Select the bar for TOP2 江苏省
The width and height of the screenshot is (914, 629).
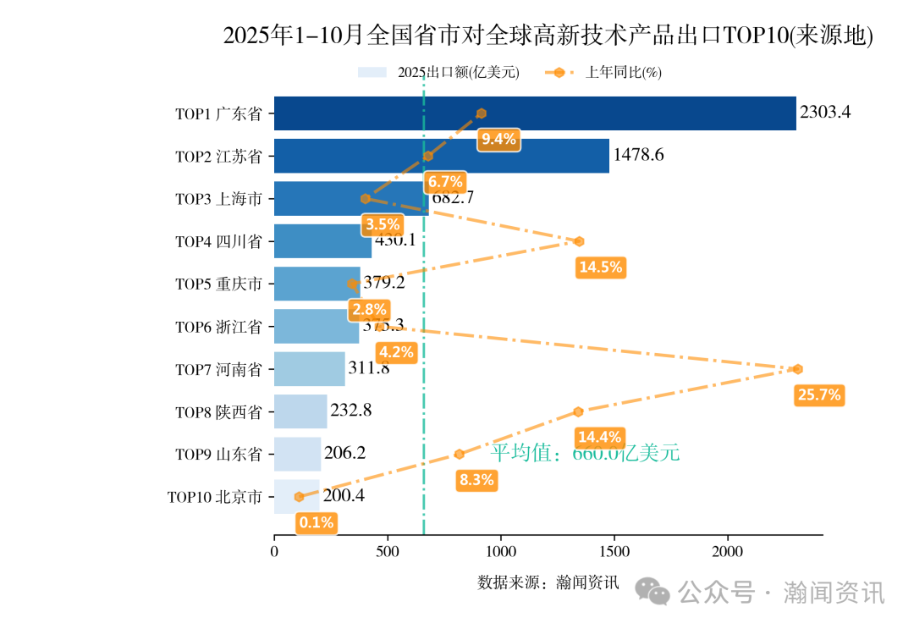[x=441, y=156]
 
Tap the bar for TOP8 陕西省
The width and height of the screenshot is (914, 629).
[x=300, y=411]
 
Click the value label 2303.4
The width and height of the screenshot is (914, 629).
[x=825, y=113]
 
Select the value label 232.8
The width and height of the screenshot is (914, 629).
[x=350, y=411]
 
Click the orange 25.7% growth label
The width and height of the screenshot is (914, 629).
[x=818, y=395]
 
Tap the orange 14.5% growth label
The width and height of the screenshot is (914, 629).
[x=600, y=268]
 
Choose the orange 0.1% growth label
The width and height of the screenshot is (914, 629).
[x=317, y=522]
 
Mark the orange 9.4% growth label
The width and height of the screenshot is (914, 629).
[x=498, y=140]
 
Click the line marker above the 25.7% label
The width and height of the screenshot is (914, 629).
[x=797, y=369]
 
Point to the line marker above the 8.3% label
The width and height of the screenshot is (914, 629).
[x=459, y=454]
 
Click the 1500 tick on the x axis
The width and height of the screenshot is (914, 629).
[x=614, y=552]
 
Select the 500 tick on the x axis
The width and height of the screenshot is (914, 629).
[x=388, y=552]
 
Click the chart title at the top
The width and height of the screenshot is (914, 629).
[x=548, y=36]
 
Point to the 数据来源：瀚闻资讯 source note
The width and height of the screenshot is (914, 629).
[x=548, y=582]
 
